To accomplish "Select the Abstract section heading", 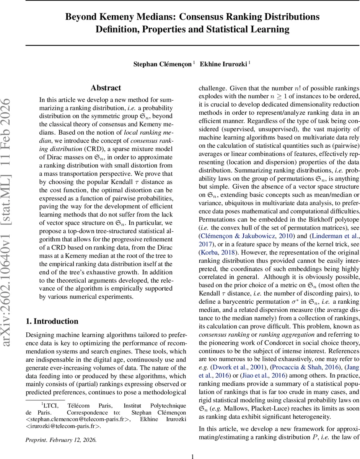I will [106, 88].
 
